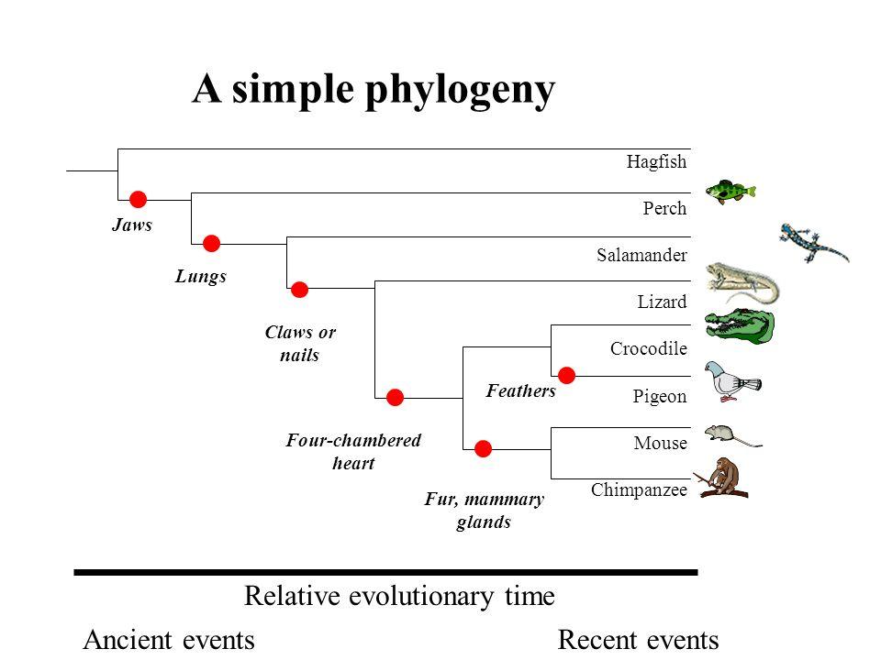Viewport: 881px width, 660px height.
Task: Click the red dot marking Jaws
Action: coord(139,199)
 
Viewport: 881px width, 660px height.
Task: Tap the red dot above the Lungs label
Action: coord(212,243)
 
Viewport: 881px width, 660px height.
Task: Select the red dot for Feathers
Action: coord(566,374)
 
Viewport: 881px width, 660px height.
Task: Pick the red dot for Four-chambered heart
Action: coord(396,397)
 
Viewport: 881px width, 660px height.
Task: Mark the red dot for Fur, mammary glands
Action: coord(484,448)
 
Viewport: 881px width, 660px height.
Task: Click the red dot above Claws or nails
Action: coord(299,290)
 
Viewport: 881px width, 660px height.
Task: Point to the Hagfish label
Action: coord(656,161)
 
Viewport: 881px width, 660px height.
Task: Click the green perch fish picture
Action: coord(730,192)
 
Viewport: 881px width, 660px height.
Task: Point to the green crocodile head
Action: coord(740,328)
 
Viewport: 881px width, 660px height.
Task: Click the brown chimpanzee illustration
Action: coord(724,478)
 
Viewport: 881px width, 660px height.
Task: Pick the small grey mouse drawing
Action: coord(728,434)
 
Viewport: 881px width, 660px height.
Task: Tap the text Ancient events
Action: coord(169,640)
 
